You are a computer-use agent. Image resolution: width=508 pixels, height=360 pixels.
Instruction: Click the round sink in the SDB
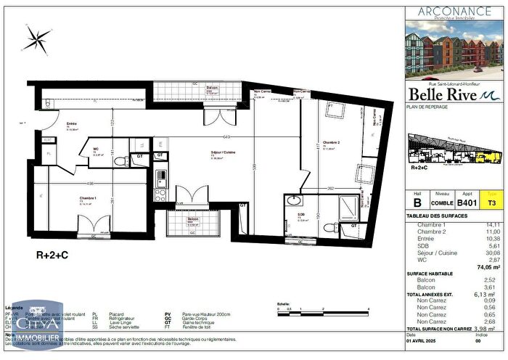293,201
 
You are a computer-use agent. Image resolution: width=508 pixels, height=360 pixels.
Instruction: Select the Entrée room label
72,125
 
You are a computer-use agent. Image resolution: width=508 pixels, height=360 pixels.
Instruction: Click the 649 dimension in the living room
226,136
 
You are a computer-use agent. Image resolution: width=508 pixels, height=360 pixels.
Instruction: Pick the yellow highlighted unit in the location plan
493,155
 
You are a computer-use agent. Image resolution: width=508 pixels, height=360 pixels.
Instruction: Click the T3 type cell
491,203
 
